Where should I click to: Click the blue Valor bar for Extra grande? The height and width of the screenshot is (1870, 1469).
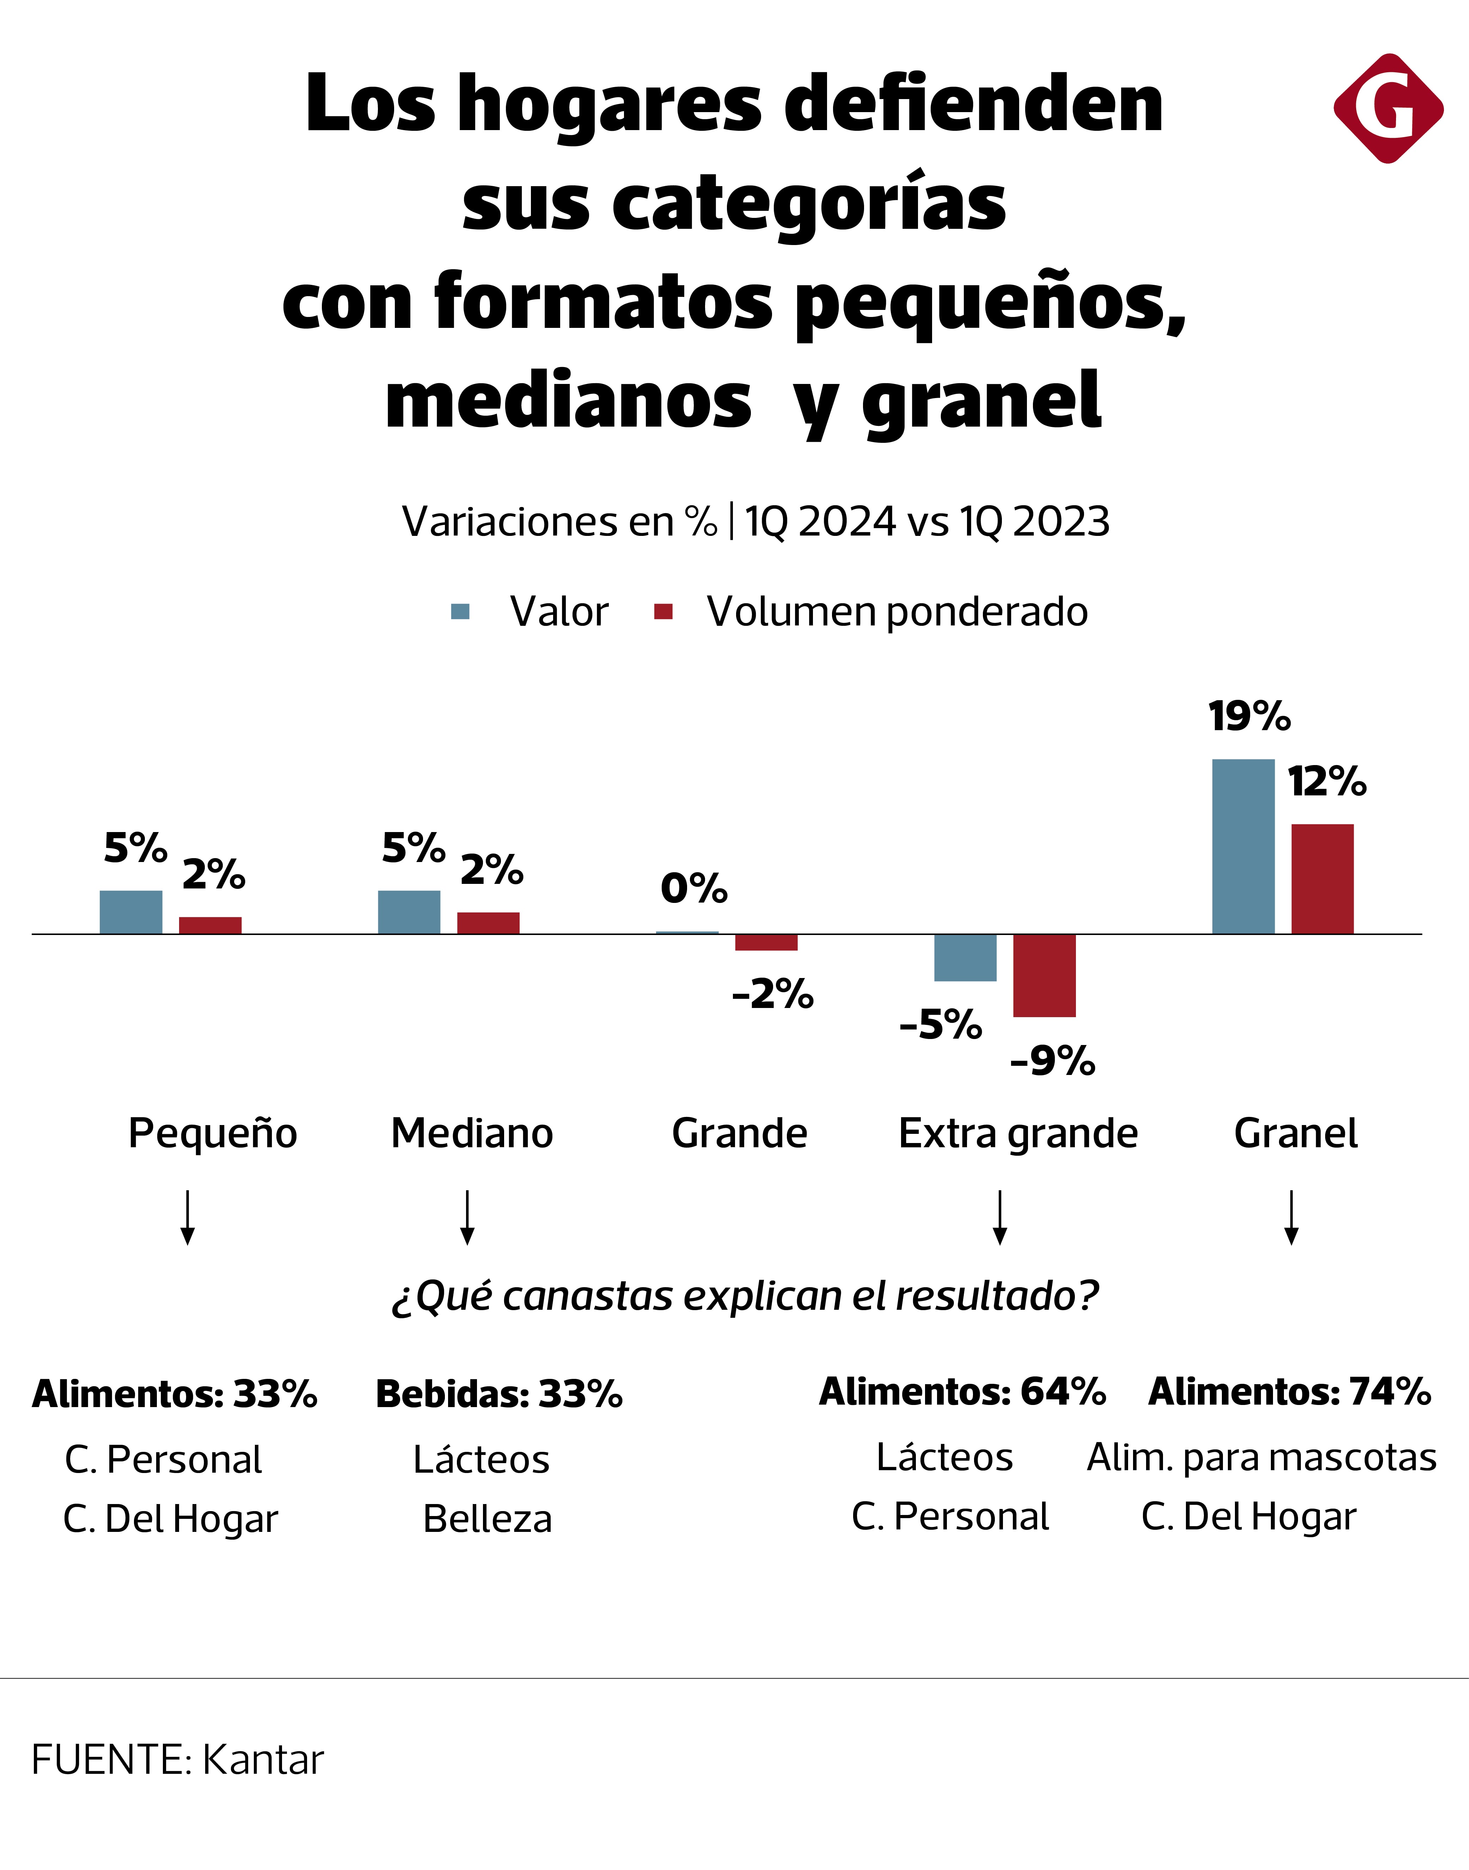tap(965, 957)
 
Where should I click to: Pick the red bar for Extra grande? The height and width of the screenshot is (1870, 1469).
tap(1044, 976)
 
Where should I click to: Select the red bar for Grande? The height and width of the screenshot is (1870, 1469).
tap(765, 943)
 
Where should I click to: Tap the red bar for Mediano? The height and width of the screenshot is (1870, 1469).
tap(488, 923)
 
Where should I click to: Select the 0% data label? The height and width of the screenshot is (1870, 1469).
tap(693, 888)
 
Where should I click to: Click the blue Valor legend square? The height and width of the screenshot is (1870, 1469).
tap(460, 612)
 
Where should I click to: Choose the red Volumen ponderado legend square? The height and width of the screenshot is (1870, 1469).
tap(663, 612)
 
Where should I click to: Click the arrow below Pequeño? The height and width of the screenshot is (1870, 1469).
tap(188, 1217)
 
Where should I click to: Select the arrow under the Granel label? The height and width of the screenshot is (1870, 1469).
tap(1291, 1217)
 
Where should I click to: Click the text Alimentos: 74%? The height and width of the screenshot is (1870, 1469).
tap(1289, 1392)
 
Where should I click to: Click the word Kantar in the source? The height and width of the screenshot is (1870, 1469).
tap(263, 1760)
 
